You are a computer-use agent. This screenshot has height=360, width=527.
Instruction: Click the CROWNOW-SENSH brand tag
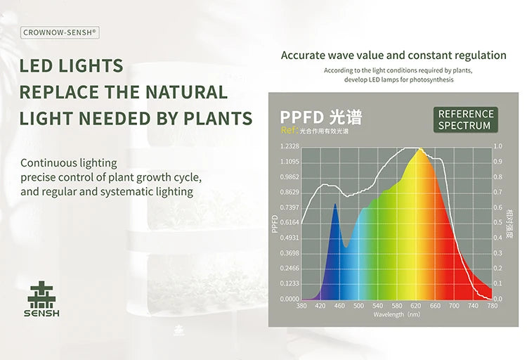point(60,32)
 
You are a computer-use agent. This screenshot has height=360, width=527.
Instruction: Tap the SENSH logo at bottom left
point(43,299)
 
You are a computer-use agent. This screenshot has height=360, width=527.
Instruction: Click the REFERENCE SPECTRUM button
point(465,120)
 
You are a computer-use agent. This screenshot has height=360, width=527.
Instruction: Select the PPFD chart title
point(321,117)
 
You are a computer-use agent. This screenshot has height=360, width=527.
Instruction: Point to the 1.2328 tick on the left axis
point(289,146)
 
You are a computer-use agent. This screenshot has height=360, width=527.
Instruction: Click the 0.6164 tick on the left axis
point(289,222)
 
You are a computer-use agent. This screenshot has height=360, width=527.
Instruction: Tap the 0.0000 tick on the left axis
point(289,299)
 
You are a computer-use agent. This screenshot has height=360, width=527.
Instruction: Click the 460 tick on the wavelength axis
point(339,306)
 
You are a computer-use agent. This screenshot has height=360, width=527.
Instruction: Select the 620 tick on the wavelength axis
point(416,306)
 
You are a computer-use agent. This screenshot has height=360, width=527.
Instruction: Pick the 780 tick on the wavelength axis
point(492,306)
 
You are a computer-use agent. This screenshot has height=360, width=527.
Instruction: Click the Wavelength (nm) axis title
point(397,314)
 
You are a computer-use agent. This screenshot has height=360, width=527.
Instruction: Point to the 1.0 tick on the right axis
point(498,146)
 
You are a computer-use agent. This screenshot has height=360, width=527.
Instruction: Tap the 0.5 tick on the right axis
point(498,222)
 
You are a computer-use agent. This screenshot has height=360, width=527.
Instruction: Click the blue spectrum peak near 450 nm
point(335,205)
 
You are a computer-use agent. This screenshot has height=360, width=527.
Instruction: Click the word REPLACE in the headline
point(59,92)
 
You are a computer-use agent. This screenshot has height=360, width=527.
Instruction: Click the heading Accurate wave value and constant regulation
point(393,55)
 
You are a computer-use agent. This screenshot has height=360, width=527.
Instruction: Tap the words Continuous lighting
point(69,163)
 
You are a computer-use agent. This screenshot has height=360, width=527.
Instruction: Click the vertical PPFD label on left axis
point(275,223)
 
